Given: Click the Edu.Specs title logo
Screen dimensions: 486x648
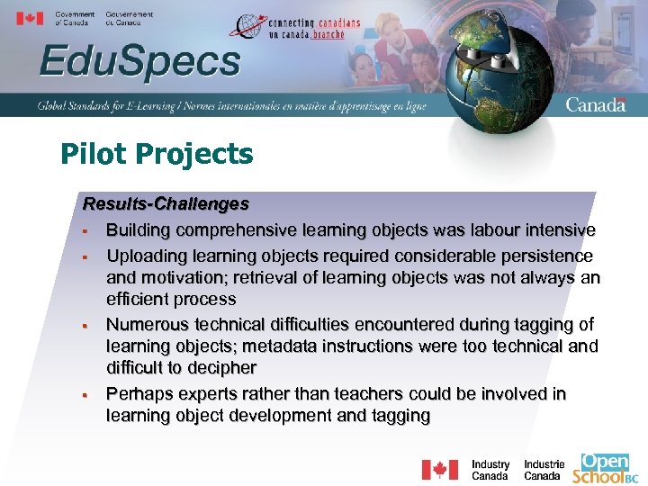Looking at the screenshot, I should [139, 62].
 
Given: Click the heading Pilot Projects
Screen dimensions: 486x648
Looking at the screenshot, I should [157, 155].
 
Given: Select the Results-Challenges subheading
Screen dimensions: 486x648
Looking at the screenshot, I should [166, 204].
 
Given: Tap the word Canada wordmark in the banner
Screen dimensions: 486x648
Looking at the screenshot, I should [595, 104].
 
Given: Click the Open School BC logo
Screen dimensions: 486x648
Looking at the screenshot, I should [605, 468].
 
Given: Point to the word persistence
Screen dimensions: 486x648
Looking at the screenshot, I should [547, 256].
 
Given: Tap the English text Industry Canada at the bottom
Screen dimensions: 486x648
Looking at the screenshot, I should [490, 470].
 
